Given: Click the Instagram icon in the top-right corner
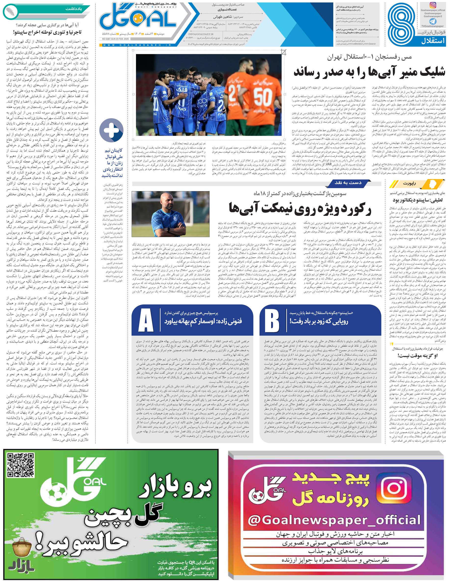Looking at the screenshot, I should point(433,5).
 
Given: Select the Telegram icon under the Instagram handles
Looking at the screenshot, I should point(433,21).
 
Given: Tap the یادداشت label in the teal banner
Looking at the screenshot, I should point(74,9).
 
